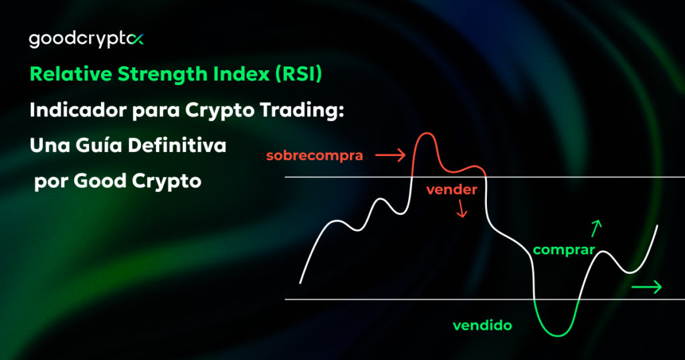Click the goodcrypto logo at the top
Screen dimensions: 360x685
click(x=86, y=39)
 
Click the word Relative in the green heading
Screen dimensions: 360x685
click(x=63, y=74)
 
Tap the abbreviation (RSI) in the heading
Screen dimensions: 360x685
click(x=298, y=74)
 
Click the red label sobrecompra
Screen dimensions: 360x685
click(x=314, y=156)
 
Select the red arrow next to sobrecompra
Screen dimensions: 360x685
click(x=391, y=156)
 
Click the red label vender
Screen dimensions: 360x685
click(x=452, y=189)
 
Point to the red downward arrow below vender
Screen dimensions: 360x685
click(x=461, y=211)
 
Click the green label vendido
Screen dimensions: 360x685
click(x=482, y=326)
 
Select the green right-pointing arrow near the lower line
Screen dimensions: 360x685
click(x=647, y=287)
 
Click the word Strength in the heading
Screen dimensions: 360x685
click(x=153, y=74)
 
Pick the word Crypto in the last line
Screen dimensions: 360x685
click(x=161, y=181)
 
